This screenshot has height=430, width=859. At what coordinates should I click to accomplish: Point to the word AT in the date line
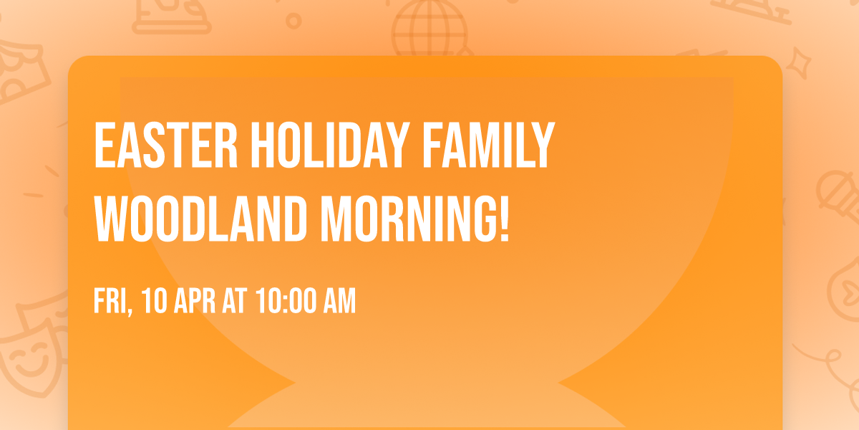coord(234,302)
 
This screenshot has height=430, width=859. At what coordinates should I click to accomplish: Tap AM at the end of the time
coord(339,302)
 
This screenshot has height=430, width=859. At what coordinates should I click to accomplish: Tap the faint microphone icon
coord(835,193)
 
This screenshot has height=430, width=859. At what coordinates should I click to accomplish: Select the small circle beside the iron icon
coord(293,21)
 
